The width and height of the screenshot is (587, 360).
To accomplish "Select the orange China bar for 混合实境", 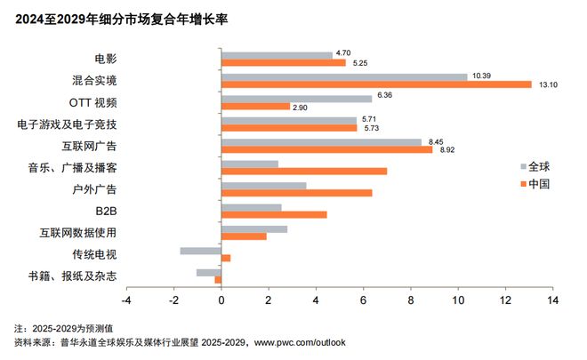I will [x=375, y=84].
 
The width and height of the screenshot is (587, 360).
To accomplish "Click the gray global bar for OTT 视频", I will [x=296, y=98].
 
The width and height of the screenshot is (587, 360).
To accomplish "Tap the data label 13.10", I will [x=545, y=84].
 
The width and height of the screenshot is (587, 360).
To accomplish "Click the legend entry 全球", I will [x=538, y=166].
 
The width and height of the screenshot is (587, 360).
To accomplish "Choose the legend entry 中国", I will [x=538, y=184].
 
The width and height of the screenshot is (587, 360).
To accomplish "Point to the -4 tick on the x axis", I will [x=126, y=301].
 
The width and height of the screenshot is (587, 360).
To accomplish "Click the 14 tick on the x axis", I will [x=553, y=301].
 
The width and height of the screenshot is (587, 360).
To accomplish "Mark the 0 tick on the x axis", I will [x=221, y=301].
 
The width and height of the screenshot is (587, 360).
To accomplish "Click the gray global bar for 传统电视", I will [x=200, y=250].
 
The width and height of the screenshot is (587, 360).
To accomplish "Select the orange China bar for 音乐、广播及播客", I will [x=303, y=171].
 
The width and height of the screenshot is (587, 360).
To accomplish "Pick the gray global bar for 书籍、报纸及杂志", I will [x=209, y=272].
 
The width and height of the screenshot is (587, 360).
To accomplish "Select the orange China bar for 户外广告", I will [x=296, y=193].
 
